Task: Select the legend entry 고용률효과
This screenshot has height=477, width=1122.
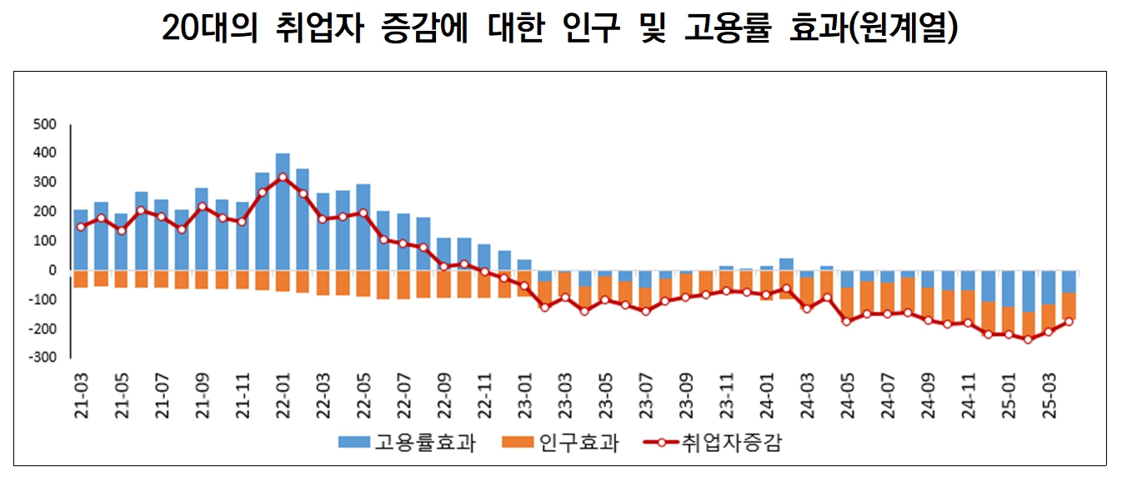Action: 408,443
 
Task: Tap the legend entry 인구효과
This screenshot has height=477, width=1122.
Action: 563,443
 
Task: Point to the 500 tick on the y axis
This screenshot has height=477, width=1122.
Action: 44,124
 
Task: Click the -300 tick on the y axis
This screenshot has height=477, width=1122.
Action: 42,358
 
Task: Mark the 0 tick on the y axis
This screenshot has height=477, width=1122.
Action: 51,270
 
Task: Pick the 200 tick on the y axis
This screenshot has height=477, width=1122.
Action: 44,212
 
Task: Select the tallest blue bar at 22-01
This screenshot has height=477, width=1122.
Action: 283,212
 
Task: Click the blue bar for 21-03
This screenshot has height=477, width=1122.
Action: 81,239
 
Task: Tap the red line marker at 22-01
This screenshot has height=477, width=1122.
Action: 283,177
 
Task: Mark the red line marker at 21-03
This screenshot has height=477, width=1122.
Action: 81,227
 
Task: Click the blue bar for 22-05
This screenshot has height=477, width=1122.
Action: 363,227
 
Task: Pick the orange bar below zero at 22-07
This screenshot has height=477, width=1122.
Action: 403,284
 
